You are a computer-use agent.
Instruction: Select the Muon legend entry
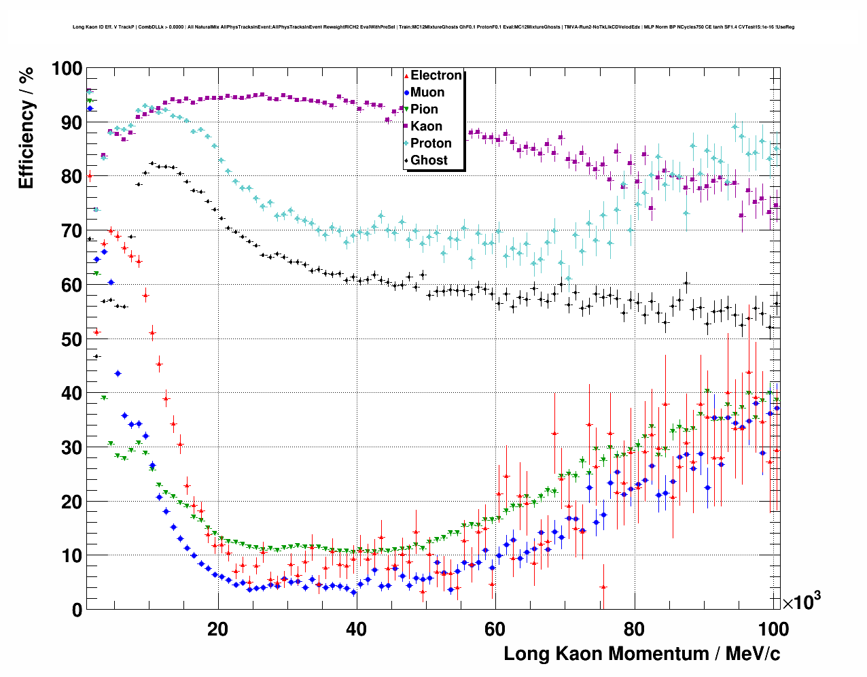pos(427,92)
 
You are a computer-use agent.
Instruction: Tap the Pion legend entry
pos(424,109)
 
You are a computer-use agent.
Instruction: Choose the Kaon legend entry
pos(426,126)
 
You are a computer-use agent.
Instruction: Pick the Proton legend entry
pos(431,143)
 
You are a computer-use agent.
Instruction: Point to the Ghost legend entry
pos(429,160)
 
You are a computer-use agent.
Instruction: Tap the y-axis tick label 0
pos(77,610)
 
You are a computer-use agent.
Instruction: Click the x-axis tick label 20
pos(218,629)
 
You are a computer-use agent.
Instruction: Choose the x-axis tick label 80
pos(635,629)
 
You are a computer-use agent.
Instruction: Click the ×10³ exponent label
pos(801,602)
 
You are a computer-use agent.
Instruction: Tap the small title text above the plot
pos(433,27)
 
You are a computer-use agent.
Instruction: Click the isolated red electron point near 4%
pos(603,587)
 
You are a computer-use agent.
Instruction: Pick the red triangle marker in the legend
pos(406,75)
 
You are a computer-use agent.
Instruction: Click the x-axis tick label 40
pos(357,629)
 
